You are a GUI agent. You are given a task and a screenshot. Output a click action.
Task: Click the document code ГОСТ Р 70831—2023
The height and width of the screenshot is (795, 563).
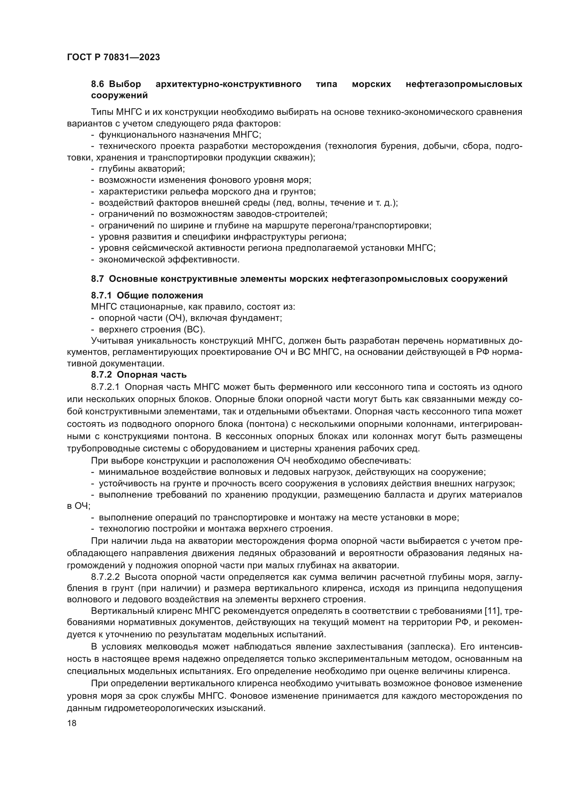point(113,57)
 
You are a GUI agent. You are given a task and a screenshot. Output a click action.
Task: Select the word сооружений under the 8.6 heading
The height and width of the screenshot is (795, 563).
point(119,95)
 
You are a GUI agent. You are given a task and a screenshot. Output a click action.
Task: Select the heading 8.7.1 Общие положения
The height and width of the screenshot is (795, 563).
point(147,295)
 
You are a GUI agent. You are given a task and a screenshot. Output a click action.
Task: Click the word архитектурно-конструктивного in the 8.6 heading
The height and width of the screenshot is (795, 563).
point(228,84)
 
